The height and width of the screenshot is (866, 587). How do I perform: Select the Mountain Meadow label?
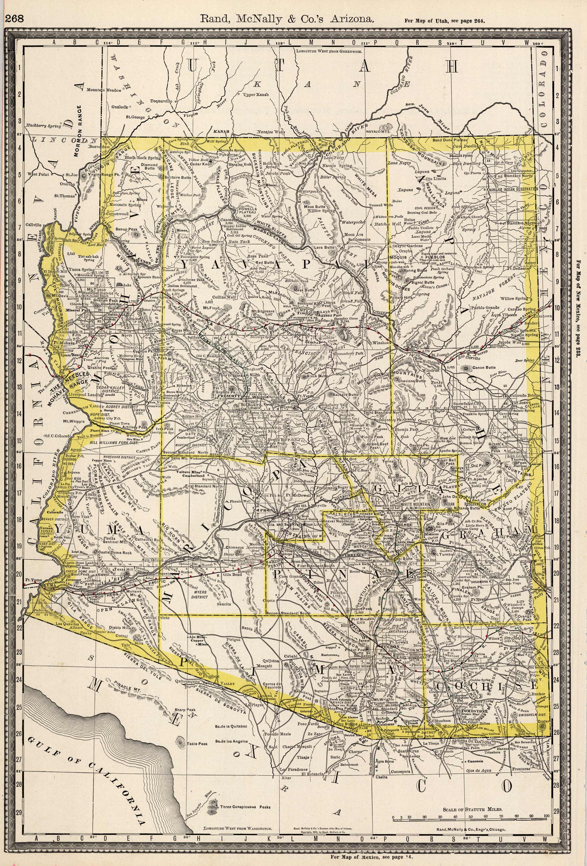pos(104,90)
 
